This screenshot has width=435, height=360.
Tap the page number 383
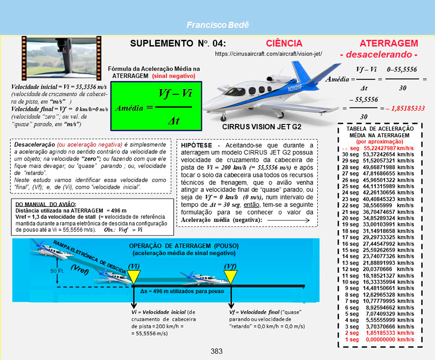pos(217,351)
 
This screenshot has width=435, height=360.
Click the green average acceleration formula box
pos(156,106)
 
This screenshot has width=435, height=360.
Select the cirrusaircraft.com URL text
pos(268,54)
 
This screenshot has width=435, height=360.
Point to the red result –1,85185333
pos(405,108)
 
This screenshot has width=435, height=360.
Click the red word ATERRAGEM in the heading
pos(389,44)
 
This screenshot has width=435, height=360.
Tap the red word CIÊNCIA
pos(284,44)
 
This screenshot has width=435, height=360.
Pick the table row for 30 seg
pos(378,154)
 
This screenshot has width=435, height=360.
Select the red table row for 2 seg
pos(378,332)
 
